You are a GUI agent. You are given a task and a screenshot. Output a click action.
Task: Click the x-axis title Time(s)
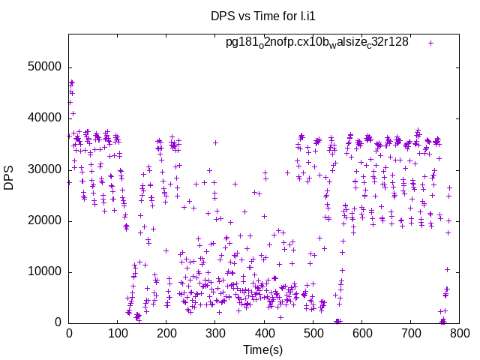262,349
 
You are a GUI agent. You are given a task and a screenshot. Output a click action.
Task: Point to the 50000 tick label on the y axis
44,67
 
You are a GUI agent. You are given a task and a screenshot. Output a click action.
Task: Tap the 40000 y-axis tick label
44,118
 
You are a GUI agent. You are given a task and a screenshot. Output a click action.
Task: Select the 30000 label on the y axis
44,169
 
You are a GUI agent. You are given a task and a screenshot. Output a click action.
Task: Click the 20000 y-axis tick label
44,220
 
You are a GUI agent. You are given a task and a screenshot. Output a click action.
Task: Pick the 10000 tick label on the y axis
44,271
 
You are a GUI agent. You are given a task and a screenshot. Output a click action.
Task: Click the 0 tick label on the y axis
58,323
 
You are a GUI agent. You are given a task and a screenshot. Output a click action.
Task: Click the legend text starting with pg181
317,43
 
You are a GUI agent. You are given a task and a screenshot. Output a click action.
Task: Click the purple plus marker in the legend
430,43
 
